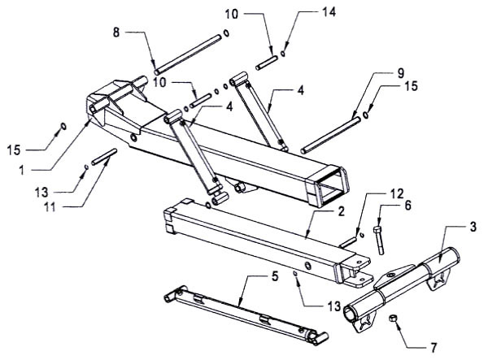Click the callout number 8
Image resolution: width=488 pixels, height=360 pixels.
(116, 33)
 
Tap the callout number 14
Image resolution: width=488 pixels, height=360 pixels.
(328, 12)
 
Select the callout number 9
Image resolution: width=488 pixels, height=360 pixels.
(400, 73)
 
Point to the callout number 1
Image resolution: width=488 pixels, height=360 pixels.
(21, 170)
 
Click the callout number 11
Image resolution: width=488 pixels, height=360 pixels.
(50, 206)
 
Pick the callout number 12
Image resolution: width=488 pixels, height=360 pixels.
(396, 194)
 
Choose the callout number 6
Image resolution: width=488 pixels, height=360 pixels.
(407, 206)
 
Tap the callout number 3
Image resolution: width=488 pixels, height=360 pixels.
(473, 227)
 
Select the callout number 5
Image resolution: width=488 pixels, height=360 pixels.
(275, 276)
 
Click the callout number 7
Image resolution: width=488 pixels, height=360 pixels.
(434, 347)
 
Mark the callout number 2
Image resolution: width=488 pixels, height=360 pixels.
(342, 212)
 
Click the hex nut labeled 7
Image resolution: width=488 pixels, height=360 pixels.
(393, 319)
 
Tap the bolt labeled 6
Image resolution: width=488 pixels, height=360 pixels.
(379, 240)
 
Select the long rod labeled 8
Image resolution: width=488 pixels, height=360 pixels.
(188, 54)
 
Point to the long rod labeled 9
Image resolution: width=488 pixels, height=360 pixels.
(331, 135)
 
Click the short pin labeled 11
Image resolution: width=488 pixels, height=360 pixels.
(104, 157)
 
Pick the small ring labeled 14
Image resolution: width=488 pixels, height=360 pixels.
(283, 53)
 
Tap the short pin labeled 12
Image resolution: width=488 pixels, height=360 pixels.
(348, 242)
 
